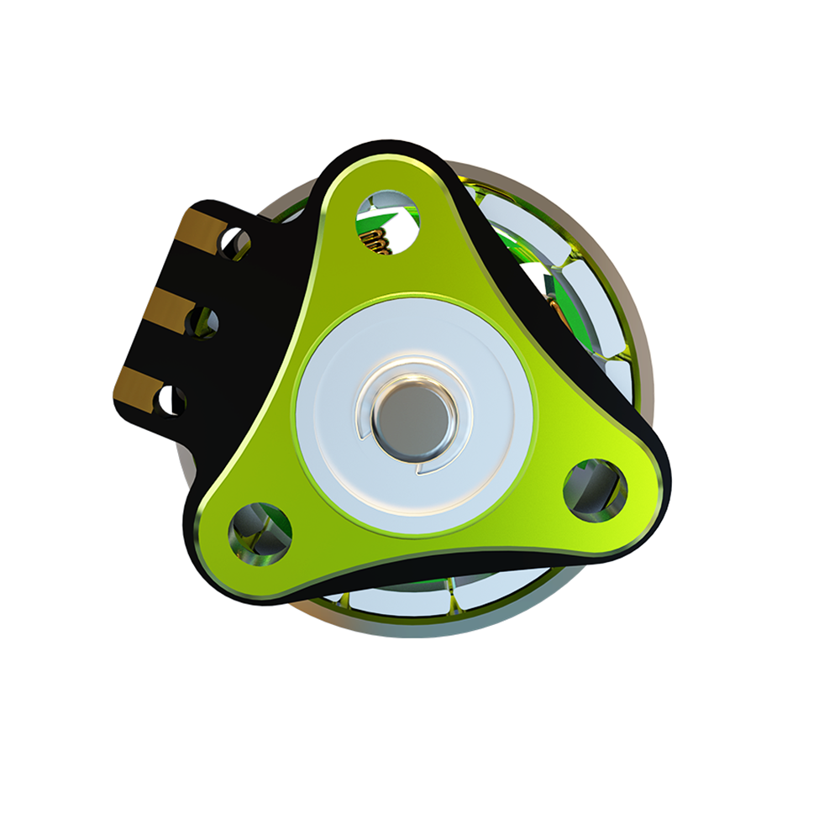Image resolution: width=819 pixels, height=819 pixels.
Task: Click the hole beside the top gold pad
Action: pyautogui.click(x=234, y=243)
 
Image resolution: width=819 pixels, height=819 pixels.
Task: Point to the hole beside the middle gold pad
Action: pyautogui.click(x=203, y=322)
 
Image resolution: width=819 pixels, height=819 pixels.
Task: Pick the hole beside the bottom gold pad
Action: pyautogui.click(x=172, y=401)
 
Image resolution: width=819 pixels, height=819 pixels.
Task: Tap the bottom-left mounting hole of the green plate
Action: pyautogui.click(x=260, y=533)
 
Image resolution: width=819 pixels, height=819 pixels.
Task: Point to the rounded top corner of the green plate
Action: pyautogui.click(x=382, y=160)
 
